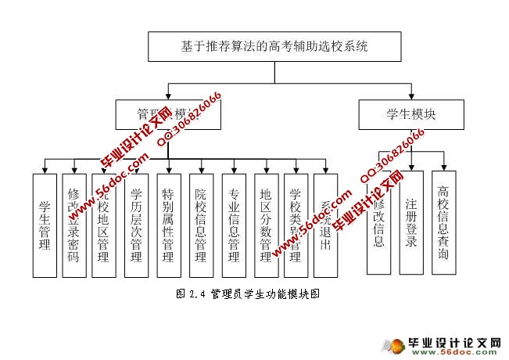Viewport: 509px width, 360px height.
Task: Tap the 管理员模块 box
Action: point(167,114)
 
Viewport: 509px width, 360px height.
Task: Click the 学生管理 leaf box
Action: point(45,225)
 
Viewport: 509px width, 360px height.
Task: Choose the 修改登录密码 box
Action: point(73,225)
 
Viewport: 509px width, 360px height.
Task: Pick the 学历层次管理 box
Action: point(136,225)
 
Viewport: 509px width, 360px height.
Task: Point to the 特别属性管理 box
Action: point(168,225)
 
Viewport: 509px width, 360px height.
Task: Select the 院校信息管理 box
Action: point(201,225)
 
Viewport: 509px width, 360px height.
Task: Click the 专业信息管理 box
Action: point(234,225)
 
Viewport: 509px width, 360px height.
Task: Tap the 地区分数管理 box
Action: point(266,225)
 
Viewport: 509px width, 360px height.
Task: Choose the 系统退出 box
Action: point(325,225)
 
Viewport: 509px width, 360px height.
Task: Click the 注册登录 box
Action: point(411,222)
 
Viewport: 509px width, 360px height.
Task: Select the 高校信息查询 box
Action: point(443,222)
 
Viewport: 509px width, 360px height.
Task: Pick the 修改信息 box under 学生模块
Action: point(378,222)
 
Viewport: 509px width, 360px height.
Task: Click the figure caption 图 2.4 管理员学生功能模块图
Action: point(249,294)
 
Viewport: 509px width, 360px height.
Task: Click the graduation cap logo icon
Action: point(395,345)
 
